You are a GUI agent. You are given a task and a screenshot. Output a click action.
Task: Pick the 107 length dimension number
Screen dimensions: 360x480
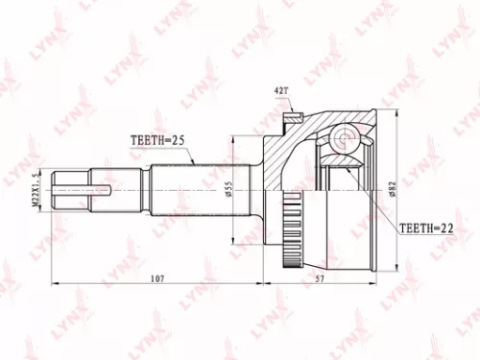pyautogui.click(x=158, y=279)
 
